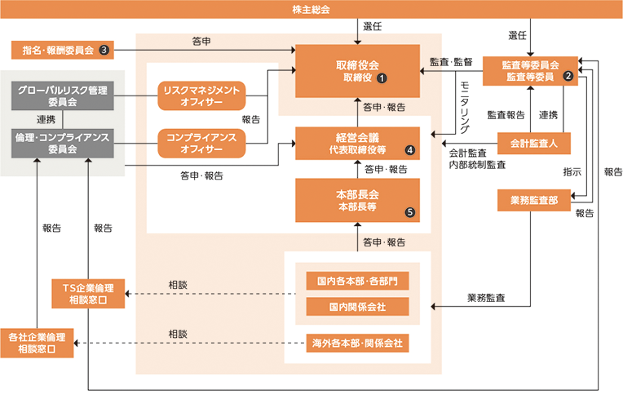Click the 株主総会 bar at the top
click(311, 9)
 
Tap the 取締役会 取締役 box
click(357, 70)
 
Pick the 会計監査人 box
click(533, 144)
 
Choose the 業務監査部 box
click(533, 201)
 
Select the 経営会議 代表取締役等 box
click(357, 144)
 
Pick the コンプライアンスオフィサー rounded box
click(201, 144)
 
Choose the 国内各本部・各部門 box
click(357, 281)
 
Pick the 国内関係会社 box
click(357, 307)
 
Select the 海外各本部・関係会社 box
click(357, 343)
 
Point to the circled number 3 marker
click(104, 50)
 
